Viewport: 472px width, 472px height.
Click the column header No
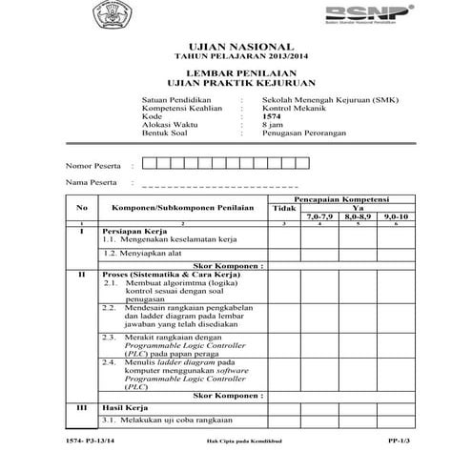pyautogui.click(x=82, y=207)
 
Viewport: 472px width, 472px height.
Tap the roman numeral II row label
pyautogui.click(x=82, y=275)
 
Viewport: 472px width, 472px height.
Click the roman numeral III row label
pyautogui.click(x=82, y=407)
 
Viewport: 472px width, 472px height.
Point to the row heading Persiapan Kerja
pyautogui.click(x=133, y=232)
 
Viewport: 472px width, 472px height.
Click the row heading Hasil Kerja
pyautogui.click(x=125, y=407)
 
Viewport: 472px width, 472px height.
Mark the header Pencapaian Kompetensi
pyautogui.click(x=339, y=198)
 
